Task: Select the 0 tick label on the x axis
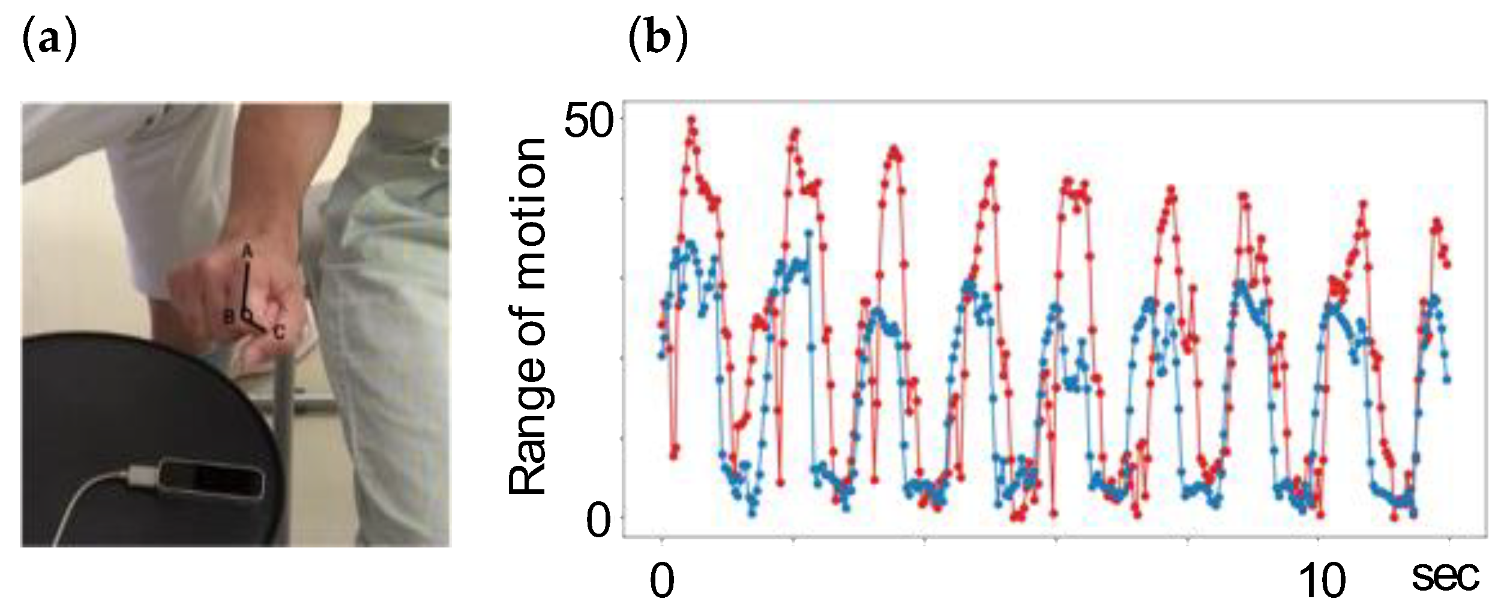tap(662, 581)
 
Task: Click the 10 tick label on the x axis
tap(1322, 581)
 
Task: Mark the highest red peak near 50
tap(691, 119)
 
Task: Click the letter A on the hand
tap(247, 253)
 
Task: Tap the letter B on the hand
tap(229, 317)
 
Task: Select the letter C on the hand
tap(278, 333)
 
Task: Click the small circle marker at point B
tap(245, 314)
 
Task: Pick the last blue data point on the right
tap(1447, 379)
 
